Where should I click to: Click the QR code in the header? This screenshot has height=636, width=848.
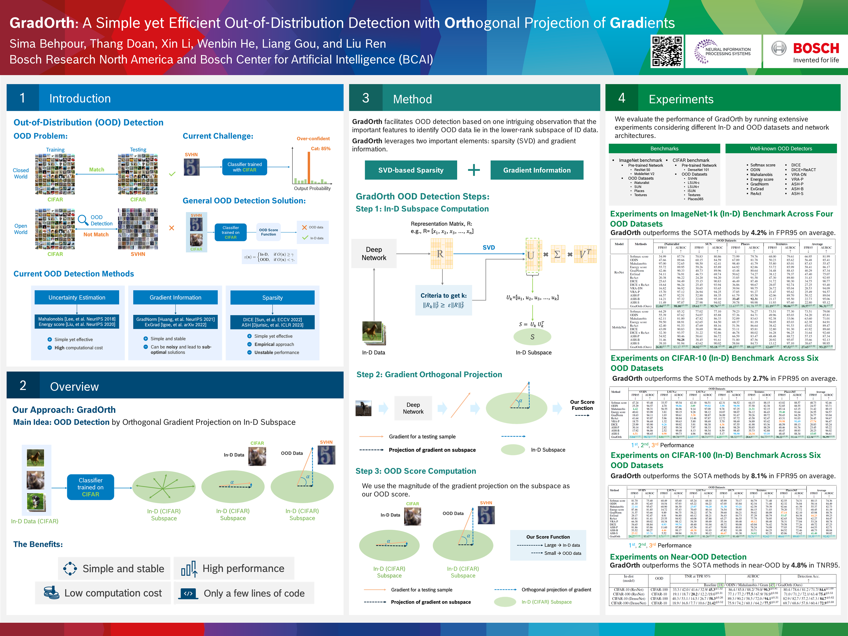[667, 51]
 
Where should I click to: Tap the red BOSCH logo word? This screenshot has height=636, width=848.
[816, 48]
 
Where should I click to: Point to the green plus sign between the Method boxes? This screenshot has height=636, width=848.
[474, 170]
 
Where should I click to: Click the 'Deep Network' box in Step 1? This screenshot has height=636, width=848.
[374, 254]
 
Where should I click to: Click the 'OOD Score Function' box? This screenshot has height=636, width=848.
[268, 232]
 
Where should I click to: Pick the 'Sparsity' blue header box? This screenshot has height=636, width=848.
[272, 297]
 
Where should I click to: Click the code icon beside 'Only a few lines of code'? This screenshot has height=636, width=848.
[188, 593]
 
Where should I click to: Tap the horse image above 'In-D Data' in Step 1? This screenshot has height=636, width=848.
[372, 332]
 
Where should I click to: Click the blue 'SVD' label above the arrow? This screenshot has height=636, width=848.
[488, 248]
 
